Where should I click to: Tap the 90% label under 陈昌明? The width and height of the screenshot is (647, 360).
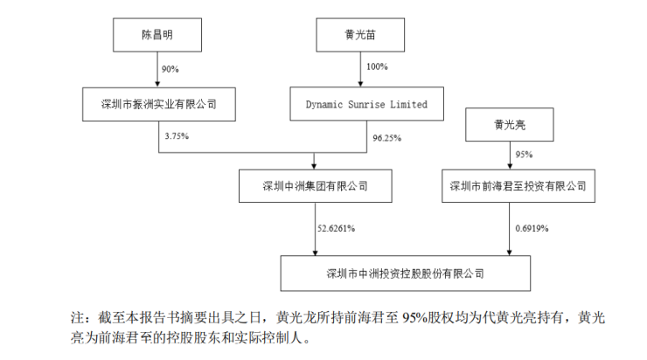click(170, 69)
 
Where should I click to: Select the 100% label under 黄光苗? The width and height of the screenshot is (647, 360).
click(377, 66)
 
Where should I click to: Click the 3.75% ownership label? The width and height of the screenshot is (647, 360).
click(177, 136)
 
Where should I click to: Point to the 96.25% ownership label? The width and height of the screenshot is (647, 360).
click(387, 138)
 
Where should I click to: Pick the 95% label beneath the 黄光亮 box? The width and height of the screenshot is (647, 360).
click(524, 155)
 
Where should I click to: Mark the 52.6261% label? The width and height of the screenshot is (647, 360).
click(337, 228)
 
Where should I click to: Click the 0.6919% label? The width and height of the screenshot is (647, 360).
click(532, 228)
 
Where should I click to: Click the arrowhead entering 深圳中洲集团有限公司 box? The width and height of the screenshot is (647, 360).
click(314, 166)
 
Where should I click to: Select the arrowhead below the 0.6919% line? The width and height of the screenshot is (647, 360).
click(509, 253)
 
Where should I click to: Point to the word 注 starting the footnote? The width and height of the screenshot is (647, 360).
click(77, 318)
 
